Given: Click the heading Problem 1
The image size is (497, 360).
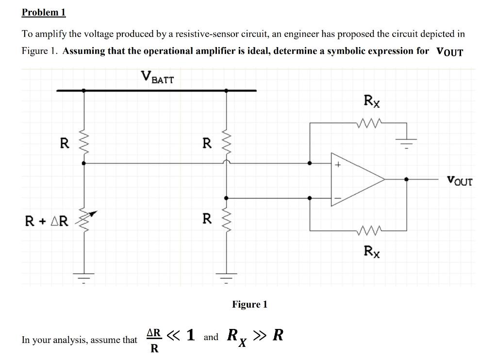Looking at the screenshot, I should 44,13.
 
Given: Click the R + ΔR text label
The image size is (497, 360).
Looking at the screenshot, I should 47,221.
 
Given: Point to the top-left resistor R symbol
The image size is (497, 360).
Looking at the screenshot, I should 84,143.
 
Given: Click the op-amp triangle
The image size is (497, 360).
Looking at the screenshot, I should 357,180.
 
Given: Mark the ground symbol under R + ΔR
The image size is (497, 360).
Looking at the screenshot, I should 84,278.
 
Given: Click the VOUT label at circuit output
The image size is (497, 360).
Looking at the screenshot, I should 459,181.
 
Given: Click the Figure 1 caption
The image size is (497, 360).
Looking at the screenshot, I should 249,304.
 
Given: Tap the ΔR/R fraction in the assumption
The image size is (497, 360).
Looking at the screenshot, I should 154,341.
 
